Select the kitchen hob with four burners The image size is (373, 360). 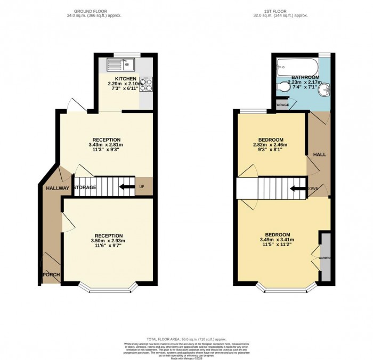click(147, 84)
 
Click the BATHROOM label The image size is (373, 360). click(304, 78)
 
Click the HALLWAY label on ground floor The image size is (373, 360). click(58, 188)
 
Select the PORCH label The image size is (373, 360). click(52, 275)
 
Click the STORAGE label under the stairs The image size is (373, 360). click(85, 187)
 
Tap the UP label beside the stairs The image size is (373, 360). click(142, 187)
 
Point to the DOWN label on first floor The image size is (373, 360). click(313, 188)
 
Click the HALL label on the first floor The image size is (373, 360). click(319, 154)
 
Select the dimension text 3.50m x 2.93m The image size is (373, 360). click(109, 241)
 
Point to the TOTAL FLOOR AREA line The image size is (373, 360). click(186, 339)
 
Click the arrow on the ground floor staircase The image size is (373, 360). click(126, 187)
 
